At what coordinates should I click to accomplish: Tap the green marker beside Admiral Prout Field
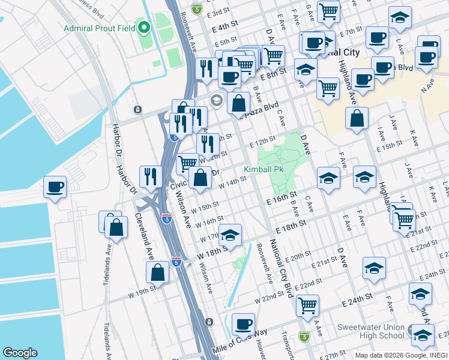tap(143, 28)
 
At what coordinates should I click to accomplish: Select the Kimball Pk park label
tap(263, 170)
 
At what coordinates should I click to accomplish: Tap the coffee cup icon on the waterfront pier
tap(55, 187)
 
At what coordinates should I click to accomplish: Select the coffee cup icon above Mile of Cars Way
tap(243, 324)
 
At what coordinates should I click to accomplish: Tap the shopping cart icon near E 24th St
tap(308, 304)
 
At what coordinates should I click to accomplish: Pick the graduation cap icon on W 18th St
tap(231, 235)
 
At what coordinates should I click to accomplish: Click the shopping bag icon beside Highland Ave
tap(357, 118)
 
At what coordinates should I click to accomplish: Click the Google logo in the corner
tap(20, 352)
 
